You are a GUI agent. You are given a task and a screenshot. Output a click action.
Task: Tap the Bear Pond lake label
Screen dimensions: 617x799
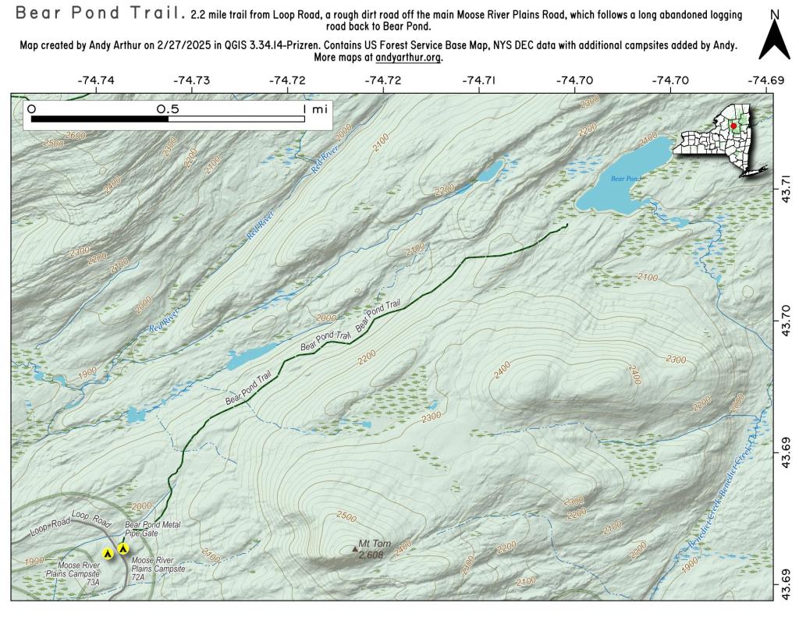[625, 179]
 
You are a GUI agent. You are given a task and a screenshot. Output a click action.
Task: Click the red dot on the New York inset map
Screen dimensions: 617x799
[733, 126]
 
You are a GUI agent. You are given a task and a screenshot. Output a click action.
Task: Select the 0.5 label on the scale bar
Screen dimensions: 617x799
[168, 109]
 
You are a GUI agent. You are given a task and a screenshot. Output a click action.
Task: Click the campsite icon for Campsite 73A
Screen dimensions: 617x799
[108, 554]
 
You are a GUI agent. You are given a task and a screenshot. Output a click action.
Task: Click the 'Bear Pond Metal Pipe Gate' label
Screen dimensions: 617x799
[153, 529]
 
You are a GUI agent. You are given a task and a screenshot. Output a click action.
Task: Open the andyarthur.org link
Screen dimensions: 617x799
[408, 58]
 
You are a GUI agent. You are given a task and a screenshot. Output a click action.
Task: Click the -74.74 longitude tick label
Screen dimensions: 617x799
[95, 80]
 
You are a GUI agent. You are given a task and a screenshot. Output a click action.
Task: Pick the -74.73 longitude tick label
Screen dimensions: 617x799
[191, 80]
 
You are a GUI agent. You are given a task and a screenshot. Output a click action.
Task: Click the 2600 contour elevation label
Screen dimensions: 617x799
[76, 136]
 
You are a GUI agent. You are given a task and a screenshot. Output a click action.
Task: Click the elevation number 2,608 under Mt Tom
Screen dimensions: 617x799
[371, 555]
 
